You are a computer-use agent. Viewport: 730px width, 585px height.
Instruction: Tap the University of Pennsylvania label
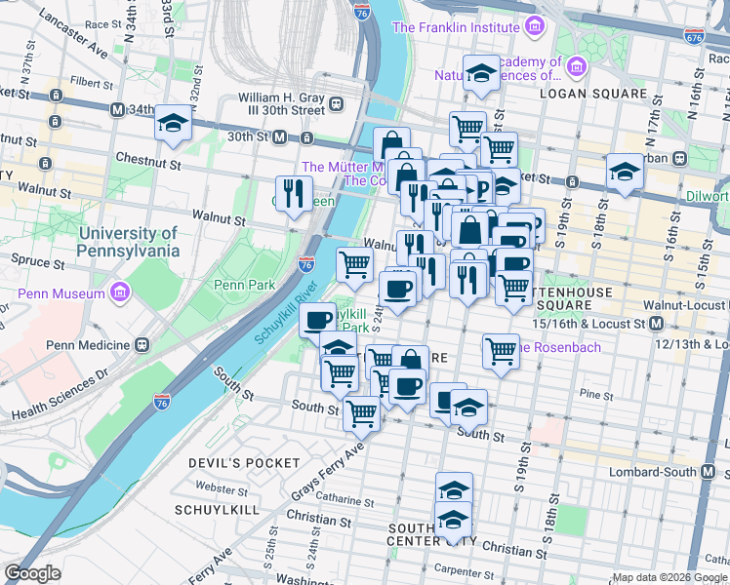(x=129, y=242)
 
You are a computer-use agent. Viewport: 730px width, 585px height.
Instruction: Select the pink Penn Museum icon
(x=120, y=292)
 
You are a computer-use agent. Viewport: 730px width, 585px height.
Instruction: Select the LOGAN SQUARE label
(x=599, y=94)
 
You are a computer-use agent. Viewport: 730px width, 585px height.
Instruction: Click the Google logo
(x=32, y=573)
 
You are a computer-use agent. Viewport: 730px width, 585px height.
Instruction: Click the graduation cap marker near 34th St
(x=173, y=125)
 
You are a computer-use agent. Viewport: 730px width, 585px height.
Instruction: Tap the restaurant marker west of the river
(x=292, y=192)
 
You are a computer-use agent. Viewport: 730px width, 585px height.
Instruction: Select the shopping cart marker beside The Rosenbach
(x=501, y=350)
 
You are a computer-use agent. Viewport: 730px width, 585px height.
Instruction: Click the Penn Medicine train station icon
(x=142, y=345)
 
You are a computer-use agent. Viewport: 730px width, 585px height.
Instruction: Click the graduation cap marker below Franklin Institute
(x=480, y=74)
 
